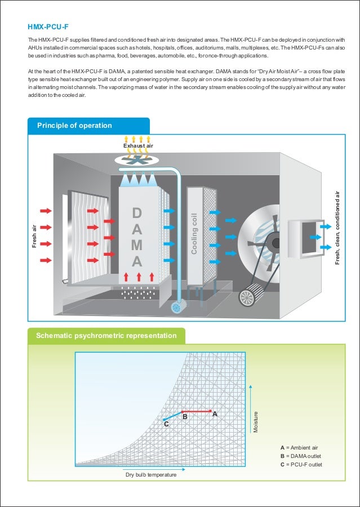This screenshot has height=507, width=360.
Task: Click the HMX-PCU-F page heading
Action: coord(48,26)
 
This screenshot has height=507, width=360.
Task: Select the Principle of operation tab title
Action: coord(74,126)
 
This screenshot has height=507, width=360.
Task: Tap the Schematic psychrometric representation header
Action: coord(106,336)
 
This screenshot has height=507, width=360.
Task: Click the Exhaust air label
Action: coord(138,146)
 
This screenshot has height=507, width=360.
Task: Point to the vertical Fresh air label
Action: coord(33,236)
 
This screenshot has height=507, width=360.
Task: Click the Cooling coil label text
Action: coord(194,233)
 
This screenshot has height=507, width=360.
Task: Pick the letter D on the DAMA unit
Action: coord(137,213)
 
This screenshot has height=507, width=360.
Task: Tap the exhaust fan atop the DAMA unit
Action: coord(138,160)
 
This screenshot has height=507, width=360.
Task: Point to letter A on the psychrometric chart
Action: coord(214,413)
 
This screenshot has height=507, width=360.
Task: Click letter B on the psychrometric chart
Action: coord(185,417)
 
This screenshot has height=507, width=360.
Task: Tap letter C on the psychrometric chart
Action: coord(166,424)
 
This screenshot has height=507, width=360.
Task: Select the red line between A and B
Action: coord(197,411)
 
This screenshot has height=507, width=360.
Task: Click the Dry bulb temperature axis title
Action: coord(150,475)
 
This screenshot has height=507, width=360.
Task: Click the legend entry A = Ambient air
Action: coord(303,447)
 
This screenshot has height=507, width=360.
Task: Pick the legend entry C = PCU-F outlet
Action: coord(301,464)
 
